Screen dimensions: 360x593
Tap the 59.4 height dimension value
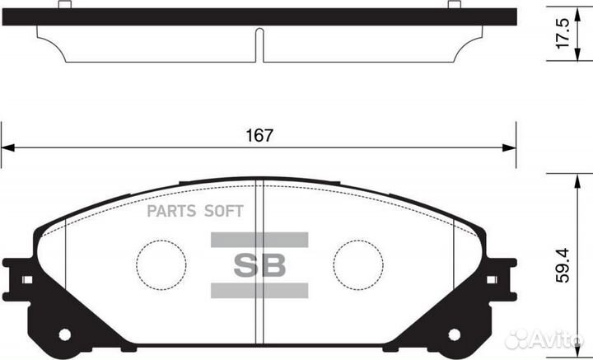click(563, 266)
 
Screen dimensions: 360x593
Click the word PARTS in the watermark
click(170, 212)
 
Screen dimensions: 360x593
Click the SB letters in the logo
click(259, 265)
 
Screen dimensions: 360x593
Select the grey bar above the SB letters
click(259, 240)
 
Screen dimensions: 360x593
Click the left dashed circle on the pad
click(161, 264)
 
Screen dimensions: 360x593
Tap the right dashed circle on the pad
click(358, 264)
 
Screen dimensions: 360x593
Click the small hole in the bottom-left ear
click(65, 334)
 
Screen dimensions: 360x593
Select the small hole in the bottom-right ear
click(454, 334)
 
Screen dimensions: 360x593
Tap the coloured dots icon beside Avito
click(519, 339)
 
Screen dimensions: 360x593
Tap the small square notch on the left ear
click(26, 280)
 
